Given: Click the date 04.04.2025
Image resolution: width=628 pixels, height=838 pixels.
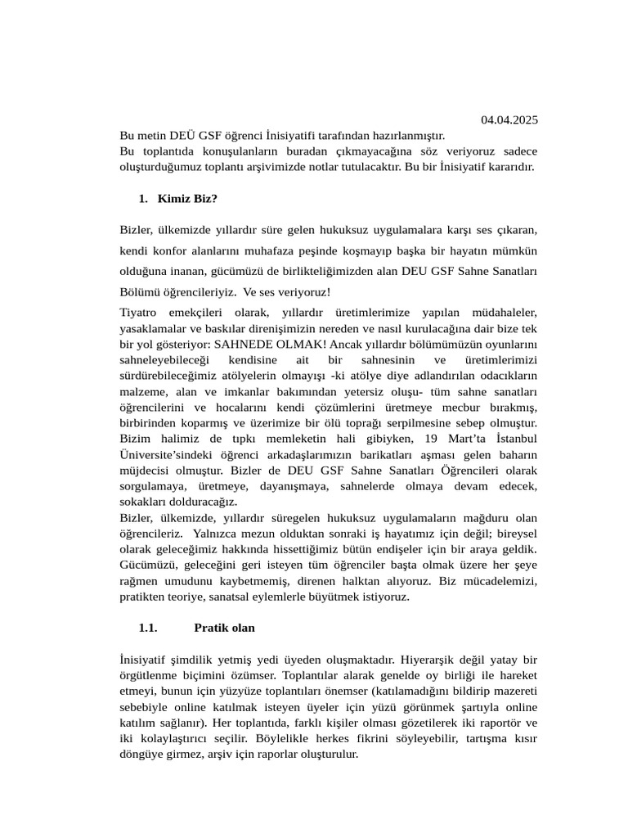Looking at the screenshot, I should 509,120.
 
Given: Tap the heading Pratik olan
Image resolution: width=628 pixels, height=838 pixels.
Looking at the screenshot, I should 224,628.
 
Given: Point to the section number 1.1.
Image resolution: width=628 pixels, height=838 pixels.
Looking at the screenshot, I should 147,628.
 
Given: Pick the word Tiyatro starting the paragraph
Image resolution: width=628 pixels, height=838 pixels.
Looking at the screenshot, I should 141,313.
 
